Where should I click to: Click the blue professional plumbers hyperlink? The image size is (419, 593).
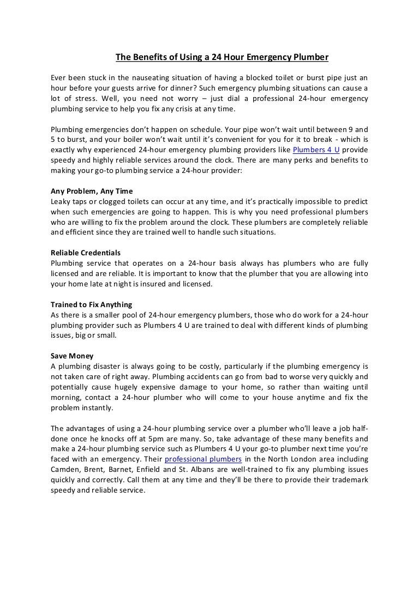(203, 459)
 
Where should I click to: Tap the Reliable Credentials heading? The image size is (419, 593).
(86, 253)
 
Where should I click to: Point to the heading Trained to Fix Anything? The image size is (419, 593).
(91, 304)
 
